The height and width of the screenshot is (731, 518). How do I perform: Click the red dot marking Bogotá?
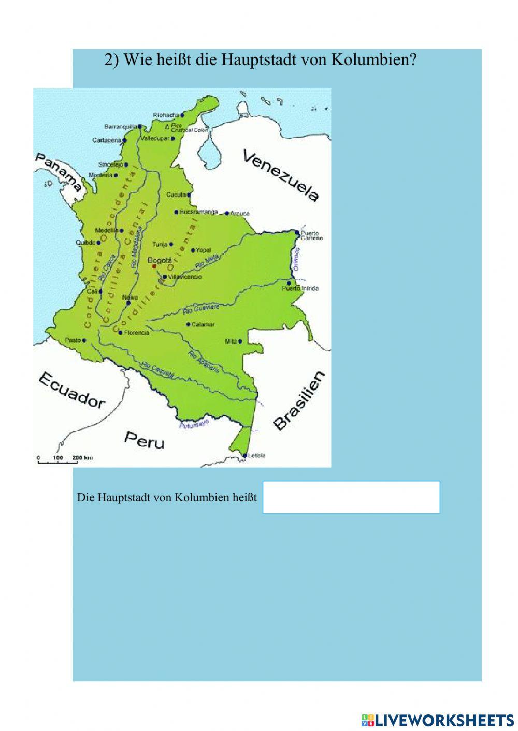pos(154,266)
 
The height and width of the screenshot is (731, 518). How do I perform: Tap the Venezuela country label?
pos(281,175)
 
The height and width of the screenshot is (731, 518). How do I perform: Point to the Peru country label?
pos(144,440)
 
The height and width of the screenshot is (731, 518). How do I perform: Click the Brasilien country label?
pos(299,401)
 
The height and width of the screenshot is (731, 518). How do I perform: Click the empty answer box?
pos(351,497)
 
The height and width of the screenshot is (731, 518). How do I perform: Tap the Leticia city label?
pos(256,455)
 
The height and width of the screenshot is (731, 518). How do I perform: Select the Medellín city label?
pos(107,230)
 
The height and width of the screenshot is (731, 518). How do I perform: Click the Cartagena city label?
pos(107,140)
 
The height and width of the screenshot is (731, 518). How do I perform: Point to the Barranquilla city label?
pos(120,126)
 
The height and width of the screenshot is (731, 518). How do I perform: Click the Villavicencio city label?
pos(185,277)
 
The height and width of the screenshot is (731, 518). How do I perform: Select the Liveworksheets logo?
pos(438,720)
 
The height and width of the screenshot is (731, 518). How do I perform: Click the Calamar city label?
pos(203,325)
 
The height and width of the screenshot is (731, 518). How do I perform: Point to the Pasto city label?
pos(73,340)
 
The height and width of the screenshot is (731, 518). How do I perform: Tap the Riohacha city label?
pos(166,115)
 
